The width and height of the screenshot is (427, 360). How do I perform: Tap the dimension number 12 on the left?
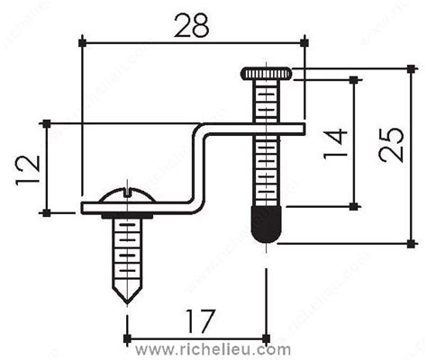(27, 168)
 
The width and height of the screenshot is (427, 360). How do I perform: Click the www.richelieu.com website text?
(213, 348)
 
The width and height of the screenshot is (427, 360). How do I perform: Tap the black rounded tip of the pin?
(266, 226)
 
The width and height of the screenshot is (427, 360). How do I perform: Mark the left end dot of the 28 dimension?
(82, 41)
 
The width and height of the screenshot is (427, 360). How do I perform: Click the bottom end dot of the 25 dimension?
(411, 242)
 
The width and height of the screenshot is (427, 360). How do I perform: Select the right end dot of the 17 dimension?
(267, 338)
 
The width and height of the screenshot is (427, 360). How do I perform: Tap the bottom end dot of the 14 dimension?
(354, 206)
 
